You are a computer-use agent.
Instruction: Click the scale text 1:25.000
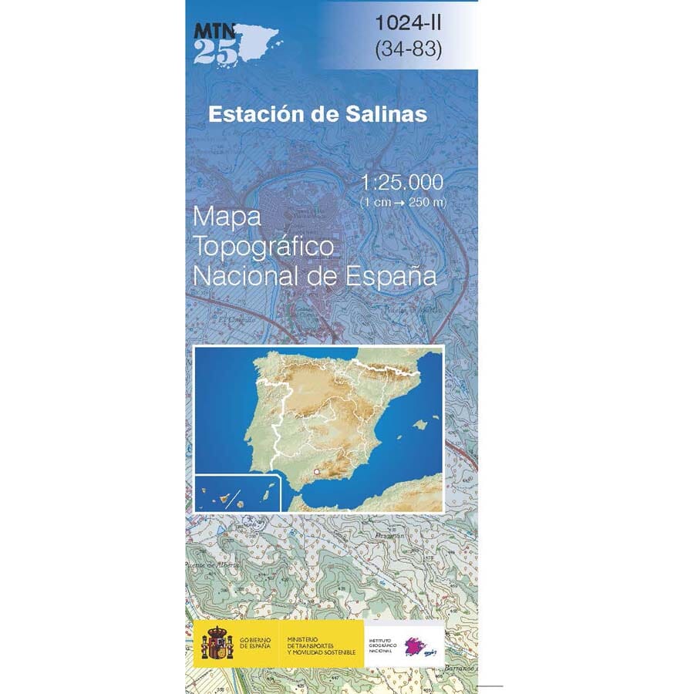[402, 183]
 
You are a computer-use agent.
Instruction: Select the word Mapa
[228, 217]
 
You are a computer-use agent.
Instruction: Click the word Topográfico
[264, 248]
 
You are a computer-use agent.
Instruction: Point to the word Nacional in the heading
[249, 275]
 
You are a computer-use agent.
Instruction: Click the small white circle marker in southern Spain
[316, 470]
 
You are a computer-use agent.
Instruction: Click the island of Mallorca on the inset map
[420, 424]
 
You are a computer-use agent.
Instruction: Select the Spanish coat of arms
[217, 642]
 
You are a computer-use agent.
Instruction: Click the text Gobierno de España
[254, 642]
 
